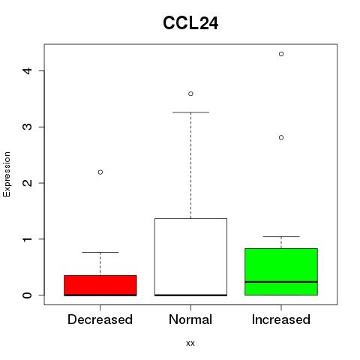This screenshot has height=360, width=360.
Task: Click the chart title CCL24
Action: click(190, 23)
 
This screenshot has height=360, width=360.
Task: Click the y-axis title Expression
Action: click(7, 174)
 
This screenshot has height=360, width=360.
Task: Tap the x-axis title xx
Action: click(190, 343)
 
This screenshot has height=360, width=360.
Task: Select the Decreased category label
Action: click(100, 319)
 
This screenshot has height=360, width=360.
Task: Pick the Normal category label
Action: click(190, 319)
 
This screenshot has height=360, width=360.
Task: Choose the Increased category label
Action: click(281, 319)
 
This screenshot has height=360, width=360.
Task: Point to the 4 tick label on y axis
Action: click(27, 70)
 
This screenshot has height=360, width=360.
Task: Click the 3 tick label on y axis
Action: click(27, 127)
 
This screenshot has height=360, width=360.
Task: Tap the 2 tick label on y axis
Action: click(27, 183)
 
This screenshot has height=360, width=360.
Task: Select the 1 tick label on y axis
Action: click(27, 239)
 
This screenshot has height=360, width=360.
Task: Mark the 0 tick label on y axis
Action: click(27, 295)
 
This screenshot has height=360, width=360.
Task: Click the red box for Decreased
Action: click(100, 285)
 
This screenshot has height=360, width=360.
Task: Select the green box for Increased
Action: click(281, 271)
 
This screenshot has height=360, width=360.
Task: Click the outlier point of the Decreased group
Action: click(100, 172)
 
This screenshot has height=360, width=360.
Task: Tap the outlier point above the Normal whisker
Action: click(190, 94)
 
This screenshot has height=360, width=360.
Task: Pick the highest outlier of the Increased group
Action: click(281, 54)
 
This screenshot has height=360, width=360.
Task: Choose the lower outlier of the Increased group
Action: click(281, 137)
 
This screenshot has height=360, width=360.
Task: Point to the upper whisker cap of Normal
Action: click(190, 112)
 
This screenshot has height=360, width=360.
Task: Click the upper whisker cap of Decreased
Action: click(100, 252)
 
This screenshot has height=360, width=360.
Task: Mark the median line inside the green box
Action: click(281, 282)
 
